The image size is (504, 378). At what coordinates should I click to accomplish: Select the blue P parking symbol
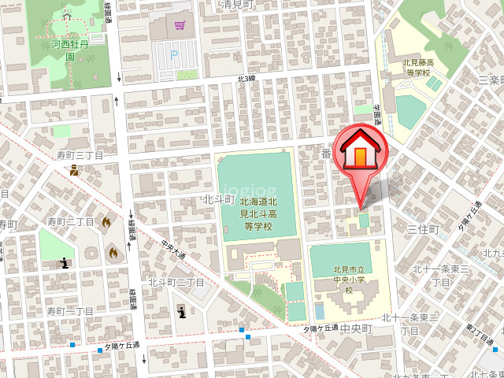[174, 55]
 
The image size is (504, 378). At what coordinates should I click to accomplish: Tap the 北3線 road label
[246, 79]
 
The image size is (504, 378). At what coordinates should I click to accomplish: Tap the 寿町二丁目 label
[70, 222]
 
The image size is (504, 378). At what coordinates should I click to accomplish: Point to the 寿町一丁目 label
[69, 312]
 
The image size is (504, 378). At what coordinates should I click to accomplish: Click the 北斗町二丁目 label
[176, 283]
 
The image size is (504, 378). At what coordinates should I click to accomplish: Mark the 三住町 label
[422, 228]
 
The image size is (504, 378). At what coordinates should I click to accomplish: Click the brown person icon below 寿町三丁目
[74, 169]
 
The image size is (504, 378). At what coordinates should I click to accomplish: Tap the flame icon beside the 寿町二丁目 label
[106, 223]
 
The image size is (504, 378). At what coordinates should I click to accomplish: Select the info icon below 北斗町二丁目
[182, 312]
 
